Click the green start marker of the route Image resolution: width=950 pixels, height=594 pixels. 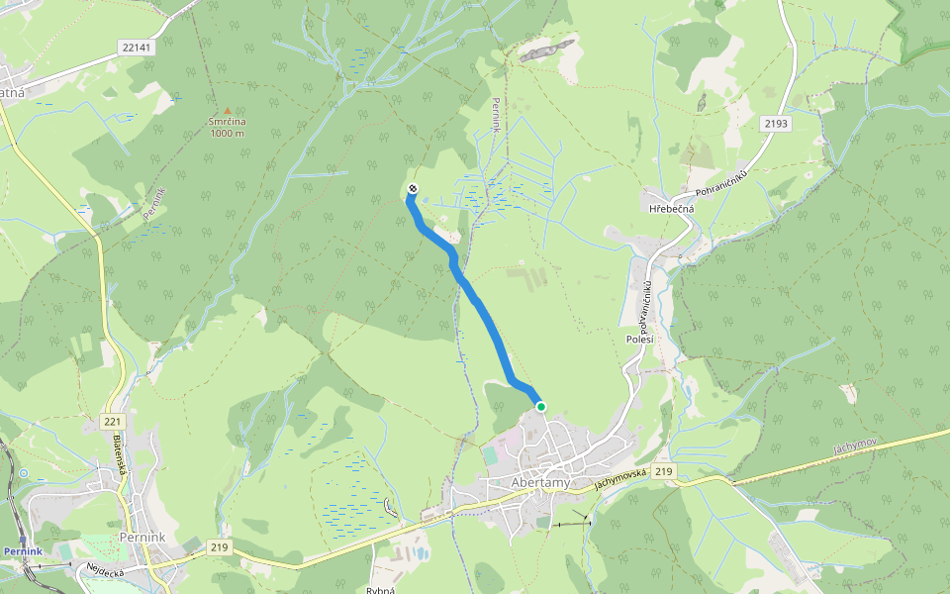coord(540,406)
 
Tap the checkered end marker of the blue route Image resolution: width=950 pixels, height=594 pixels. coord(412,188)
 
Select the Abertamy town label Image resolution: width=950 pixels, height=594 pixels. coord(541,482)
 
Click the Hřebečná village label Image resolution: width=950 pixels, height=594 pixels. coord(672,209)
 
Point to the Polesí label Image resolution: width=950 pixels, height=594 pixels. coord(638,339)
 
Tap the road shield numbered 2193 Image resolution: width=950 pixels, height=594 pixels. coord(777,123)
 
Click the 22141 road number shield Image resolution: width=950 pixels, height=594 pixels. coord(134,47)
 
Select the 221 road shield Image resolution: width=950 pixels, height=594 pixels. coord(112,422)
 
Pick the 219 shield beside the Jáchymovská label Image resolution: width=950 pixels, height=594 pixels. coord(663,472)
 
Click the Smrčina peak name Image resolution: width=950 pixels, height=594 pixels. coord(227,122)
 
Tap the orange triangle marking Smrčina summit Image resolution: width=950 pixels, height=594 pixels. coord(227,111)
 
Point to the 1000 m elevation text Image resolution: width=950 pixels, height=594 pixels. coord(227,134)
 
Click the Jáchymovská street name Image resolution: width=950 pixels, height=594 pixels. coord(619,478)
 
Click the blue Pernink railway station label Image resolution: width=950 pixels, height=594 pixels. coord(22,550)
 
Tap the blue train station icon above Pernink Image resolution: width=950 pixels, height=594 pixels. coord(24,539)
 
